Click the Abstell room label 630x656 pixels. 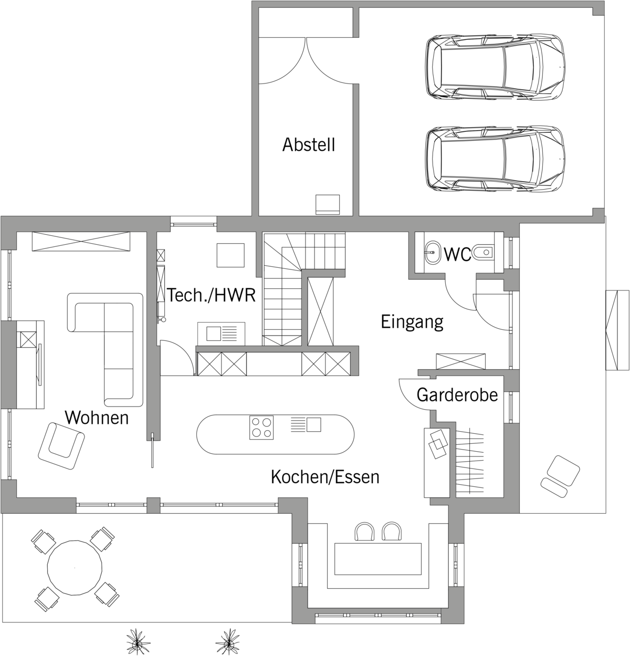tap(309, 144)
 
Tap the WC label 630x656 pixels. tap(457, 255)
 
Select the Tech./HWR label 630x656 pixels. tap(212, 295)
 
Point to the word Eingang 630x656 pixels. tap(412, 321)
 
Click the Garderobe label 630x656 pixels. tap(457, 394)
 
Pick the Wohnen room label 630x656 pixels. tap(97, 418)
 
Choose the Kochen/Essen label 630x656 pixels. tap(325, 477)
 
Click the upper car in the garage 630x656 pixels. tap(495, 67)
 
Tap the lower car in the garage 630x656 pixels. tap(495, 159)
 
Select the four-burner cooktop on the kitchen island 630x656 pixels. tap(261, 428)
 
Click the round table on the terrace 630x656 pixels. tap(75, 568)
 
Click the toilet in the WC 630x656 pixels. tap(483, 252)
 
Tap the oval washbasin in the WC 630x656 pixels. tap(432, 252)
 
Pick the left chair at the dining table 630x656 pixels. tap(364, 532)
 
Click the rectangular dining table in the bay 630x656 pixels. tap(377, 559)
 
